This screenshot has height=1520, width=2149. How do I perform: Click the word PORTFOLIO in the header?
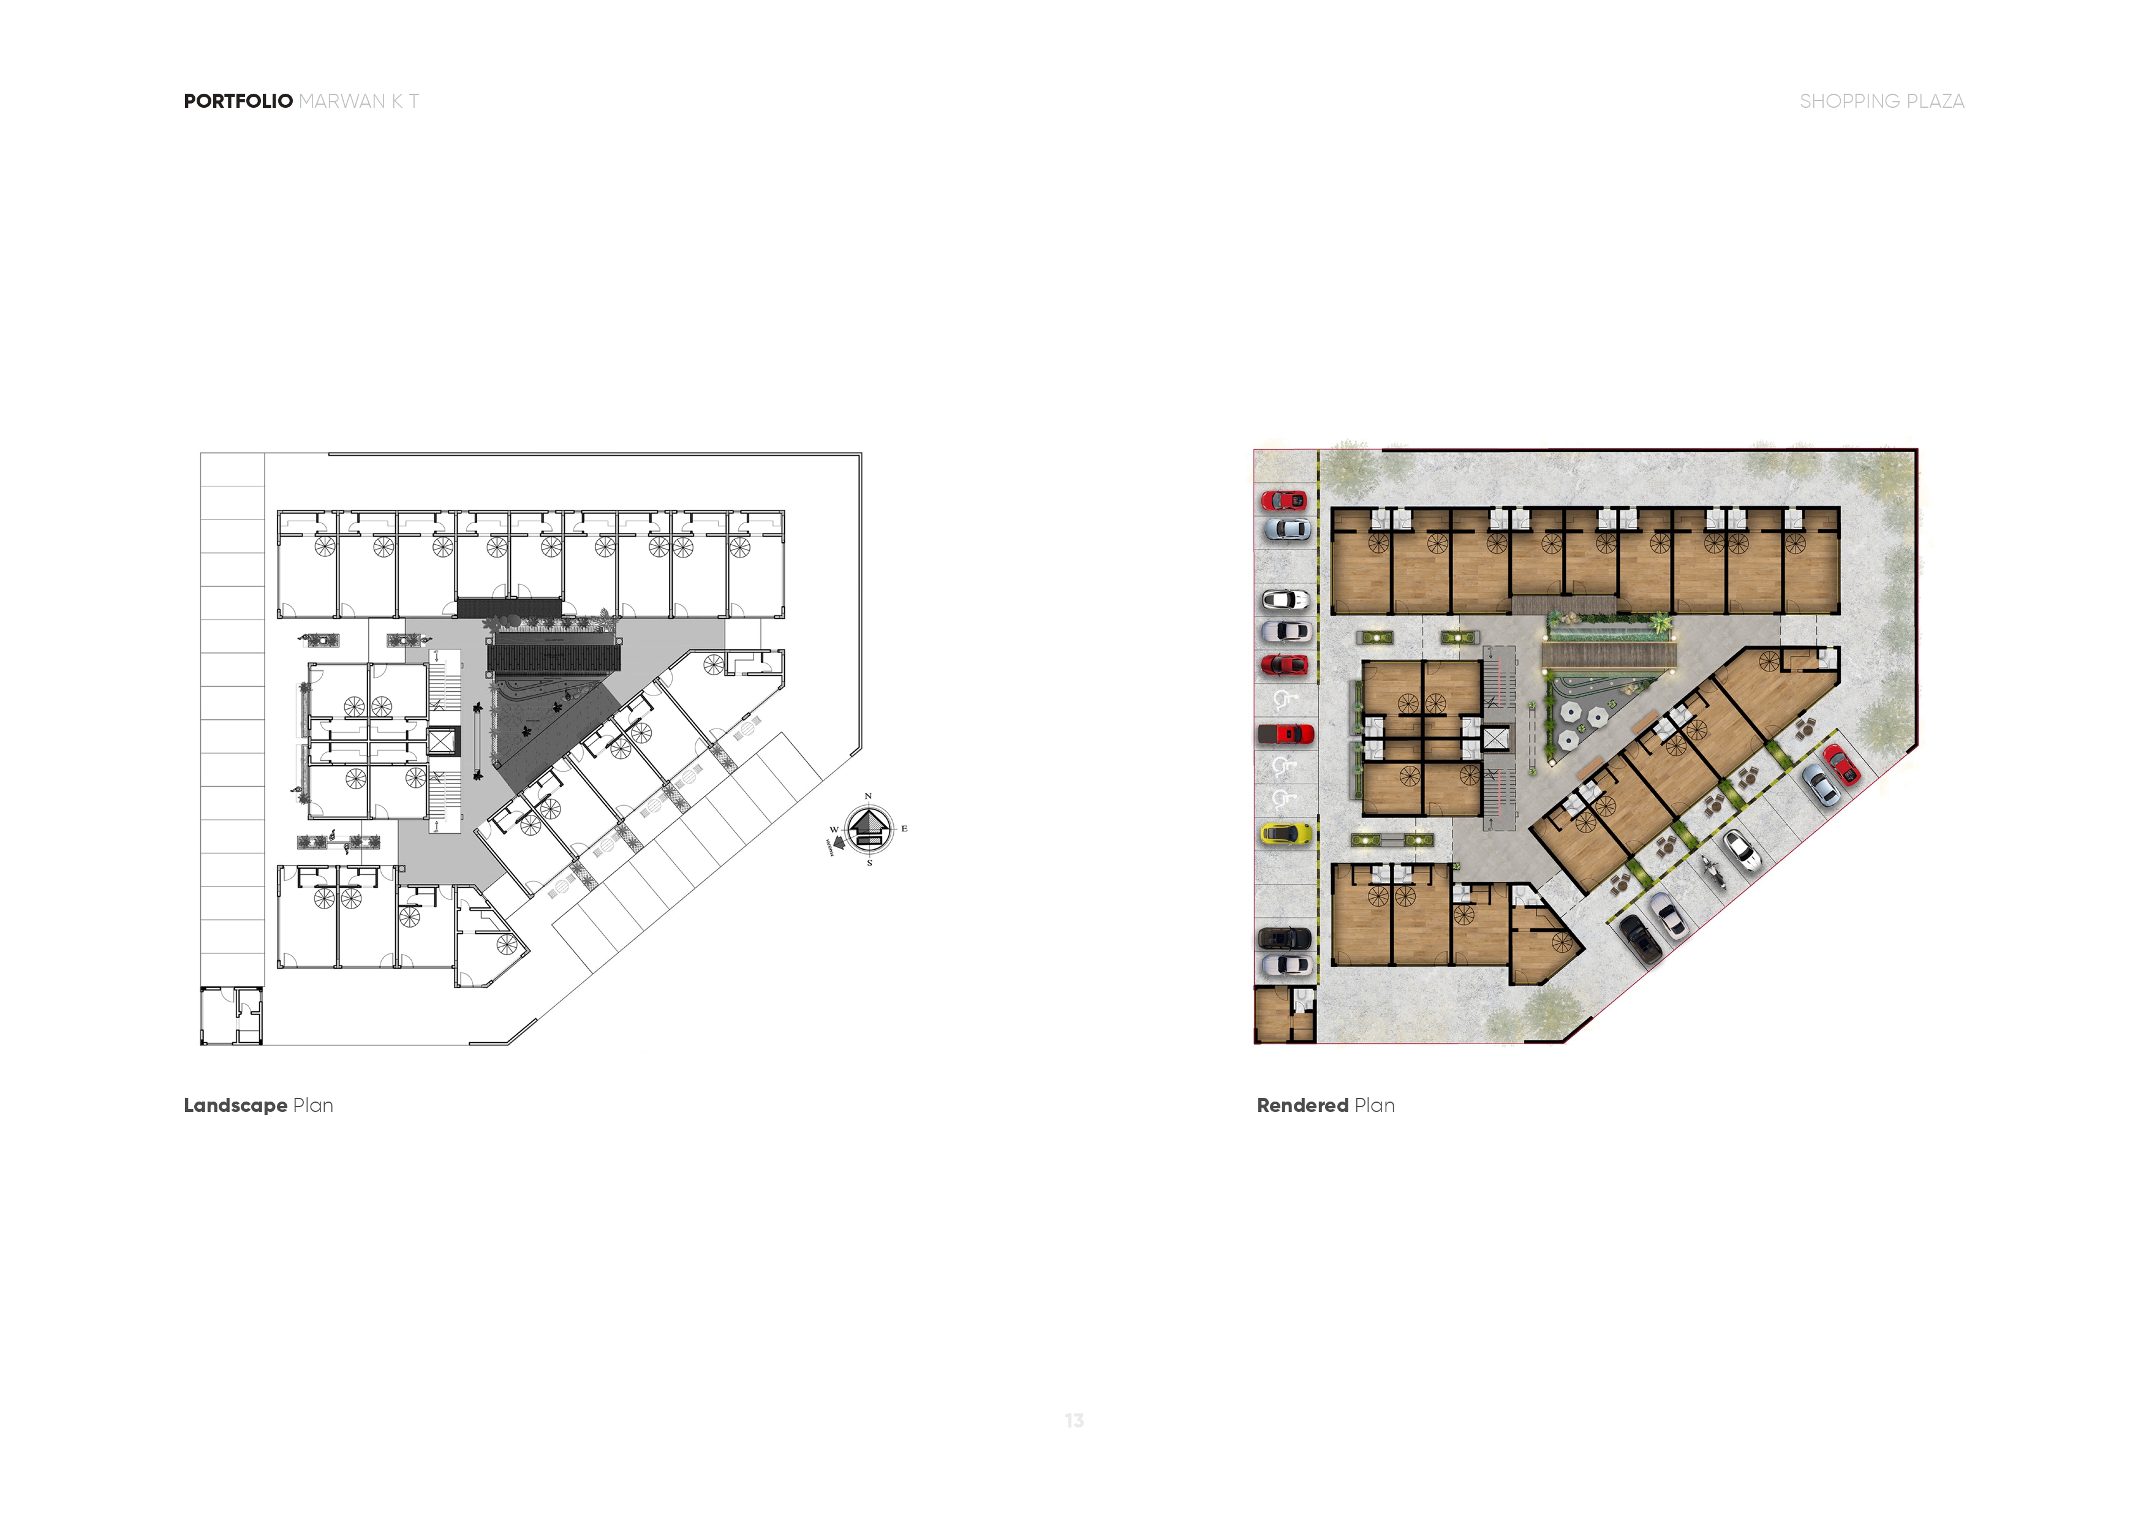click(238, 101)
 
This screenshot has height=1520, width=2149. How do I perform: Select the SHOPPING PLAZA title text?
click(1881, 101)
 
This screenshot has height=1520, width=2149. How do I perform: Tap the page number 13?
click(1074, 1421)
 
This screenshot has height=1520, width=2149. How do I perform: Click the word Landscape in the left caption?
click(235, 1105)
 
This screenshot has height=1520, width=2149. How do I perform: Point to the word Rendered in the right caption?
click(1302, 1105)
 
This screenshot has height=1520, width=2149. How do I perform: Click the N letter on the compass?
click(869, 796)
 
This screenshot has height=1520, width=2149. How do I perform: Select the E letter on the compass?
click(904, 828)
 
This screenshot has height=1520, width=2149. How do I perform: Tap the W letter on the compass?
click(834, 830)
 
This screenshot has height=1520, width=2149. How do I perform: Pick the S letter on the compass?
click(869, 863)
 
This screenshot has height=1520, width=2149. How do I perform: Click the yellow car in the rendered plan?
click(1286, 833)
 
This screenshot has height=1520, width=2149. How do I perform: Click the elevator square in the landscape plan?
click(441, 742)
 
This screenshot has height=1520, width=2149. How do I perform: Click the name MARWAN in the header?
click(342, 101)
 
